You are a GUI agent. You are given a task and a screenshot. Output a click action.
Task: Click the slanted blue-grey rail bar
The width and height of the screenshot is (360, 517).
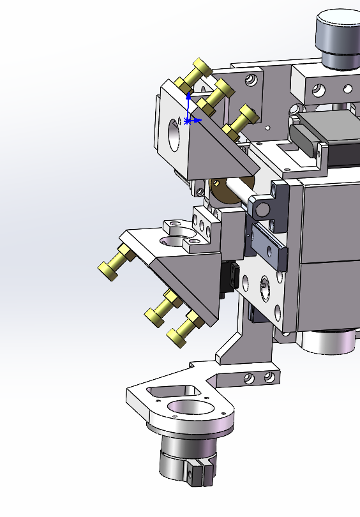tap(269, 245)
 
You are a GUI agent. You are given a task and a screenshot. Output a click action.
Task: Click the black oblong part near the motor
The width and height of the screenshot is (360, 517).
tap(303, 137)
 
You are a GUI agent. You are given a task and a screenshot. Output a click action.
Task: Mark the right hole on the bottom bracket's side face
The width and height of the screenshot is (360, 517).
tap(269, 378)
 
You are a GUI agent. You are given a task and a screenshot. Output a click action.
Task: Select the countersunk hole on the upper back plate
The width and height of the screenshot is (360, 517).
tap(251, 79)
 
